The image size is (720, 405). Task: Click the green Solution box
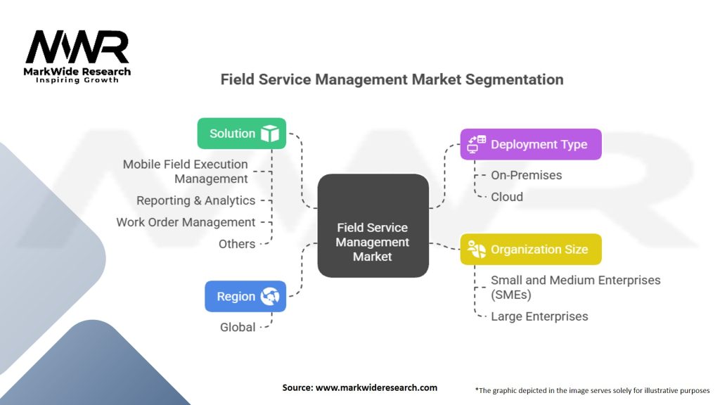tap(241, 133)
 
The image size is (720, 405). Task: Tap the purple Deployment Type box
tap(530, 144)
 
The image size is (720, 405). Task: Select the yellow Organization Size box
tap(530, 249)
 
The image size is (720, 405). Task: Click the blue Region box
tap(245, 296)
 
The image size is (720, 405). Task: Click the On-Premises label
tap(526, 175)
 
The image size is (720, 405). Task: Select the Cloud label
tap(506, 197)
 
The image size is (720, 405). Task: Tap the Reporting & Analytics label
tap(195, 200)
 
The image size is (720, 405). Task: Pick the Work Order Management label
tap(186, 222)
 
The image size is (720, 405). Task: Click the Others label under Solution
tap(236, 244)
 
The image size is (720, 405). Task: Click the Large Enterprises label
tap(539, 316)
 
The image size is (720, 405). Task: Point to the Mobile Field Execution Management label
tap(186, 171)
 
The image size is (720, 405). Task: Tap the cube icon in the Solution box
tap(269, 134)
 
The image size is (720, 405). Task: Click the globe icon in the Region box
tap(269, 297)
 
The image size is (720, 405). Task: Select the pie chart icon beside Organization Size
tap(477, 250)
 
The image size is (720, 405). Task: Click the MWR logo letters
tap(77, 48)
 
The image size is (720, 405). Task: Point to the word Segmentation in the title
tap(514, 79)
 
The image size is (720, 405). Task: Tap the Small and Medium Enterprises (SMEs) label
tap(575, 287)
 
